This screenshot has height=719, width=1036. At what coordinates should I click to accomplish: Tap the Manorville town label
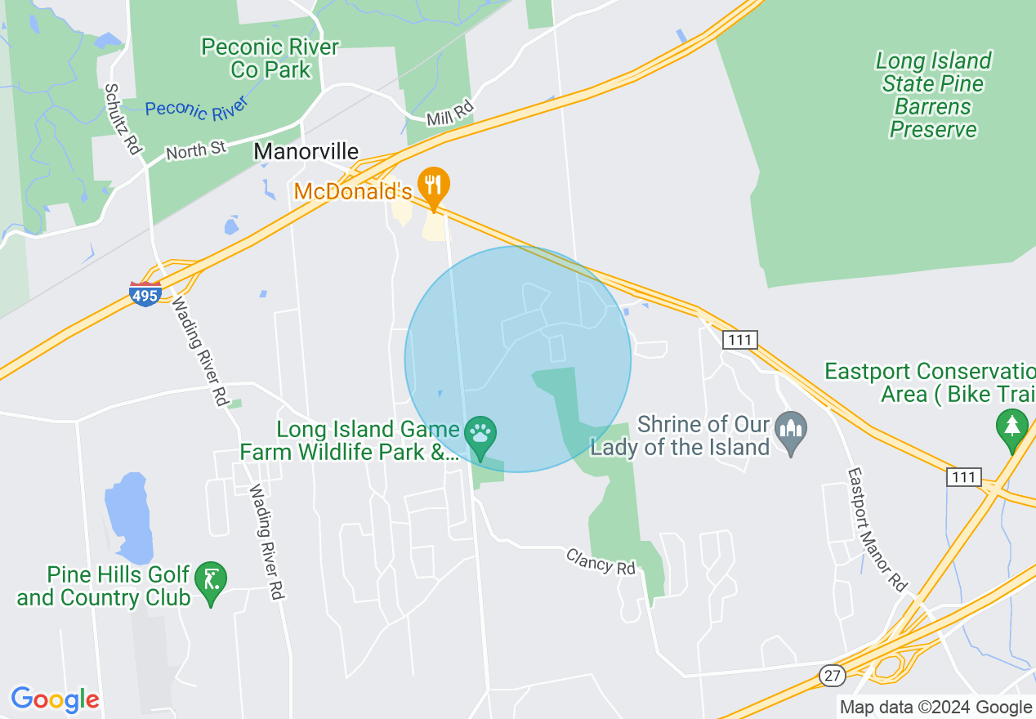(x=306, y=151)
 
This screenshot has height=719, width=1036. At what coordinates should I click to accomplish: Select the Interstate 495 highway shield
(x=145, y=294)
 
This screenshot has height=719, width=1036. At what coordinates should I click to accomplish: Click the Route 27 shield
(x=831, y=675)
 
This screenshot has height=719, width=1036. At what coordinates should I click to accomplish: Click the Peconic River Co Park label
(x=270, y=59)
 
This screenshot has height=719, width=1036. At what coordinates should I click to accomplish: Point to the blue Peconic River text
(x=195, y=109)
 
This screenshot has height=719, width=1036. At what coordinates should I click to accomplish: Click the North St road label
(x=196, y=150)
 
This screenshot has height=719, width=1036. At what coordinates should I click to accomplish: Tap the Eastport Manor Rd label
(x=877, y=529)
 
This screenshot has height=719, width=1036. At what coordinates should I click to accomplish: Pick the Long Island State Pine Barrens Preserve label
(x=933, y=95)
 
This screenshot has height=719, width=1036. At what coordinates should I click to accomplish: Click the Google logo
(x=55, y=699)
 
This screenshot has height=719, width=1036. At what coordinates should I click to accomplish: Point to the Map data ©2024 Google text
(x=936, y=708)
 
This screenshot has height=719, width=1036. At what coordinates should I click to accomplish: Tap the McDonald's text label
(x=353, y=192)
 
